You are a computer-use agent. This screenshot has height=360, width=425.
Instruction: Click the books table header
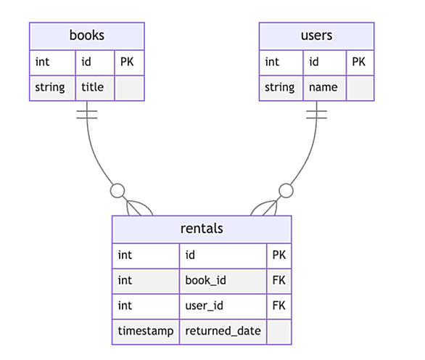pyautogui.click(x=87, y=36)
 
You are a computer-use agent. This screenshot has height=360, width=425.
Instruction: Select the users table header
pyautogui.click(x=317, y=36)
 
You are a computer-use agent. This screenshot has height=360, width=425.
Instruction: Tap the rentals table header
pyautogui.click(x=202, y=229)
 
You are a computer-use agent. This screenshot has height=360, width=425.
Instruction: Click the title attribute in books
pyautogui.click(x=95, y=88)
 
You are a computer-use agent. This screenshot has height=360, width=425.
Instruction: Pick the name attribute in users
pyautogui.click(x=324, y=88)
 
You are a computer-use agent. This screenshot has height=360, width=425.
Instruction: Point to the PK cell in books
pyautogui.click(x=129, y=62)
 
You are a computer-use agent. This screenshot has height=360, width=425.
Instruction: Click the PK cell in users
pyautogui.click(x=360, y=62)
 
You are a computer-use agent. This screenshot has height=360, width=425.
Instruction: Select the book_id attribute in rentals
pyautogui.click(x=223, y=281)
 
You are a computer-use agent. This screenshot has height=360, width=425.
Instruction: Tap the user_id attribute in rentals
pyautogui.click(x=223, y=306)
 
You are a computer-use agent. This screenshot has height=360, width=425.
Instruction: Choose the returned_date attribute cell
pyautogui.click(x=223, y=332)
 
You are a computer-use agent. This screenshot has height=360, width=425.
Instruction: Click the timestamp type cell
pyautogui.click(x=146, y=332)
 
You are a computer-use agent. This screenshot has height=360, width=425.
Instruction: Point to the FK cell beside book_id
pyautogui.click(x=279, y=281)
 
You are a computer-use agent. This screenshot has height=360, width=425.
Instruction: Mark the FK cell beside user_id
pyautogui.click(x=279, y=306)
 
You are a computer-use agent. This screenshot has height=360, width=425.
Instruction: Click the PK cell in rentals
pyautogui.click(x=279, y=255)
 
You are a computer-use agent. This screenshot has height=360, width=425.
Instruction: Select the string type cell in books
pyautogui.click(x=52, y=88)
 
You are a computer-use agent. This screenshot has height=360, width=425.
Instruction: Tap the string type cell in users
pyautogui.click(x=281, y=88)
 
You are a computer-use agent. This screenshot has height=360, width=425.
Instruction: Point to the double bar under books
pyautogui.click(x=87, y=115)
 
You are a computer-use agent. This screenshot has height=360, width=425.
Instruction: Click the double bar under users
pyautogui.click(x=317, y=115)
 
